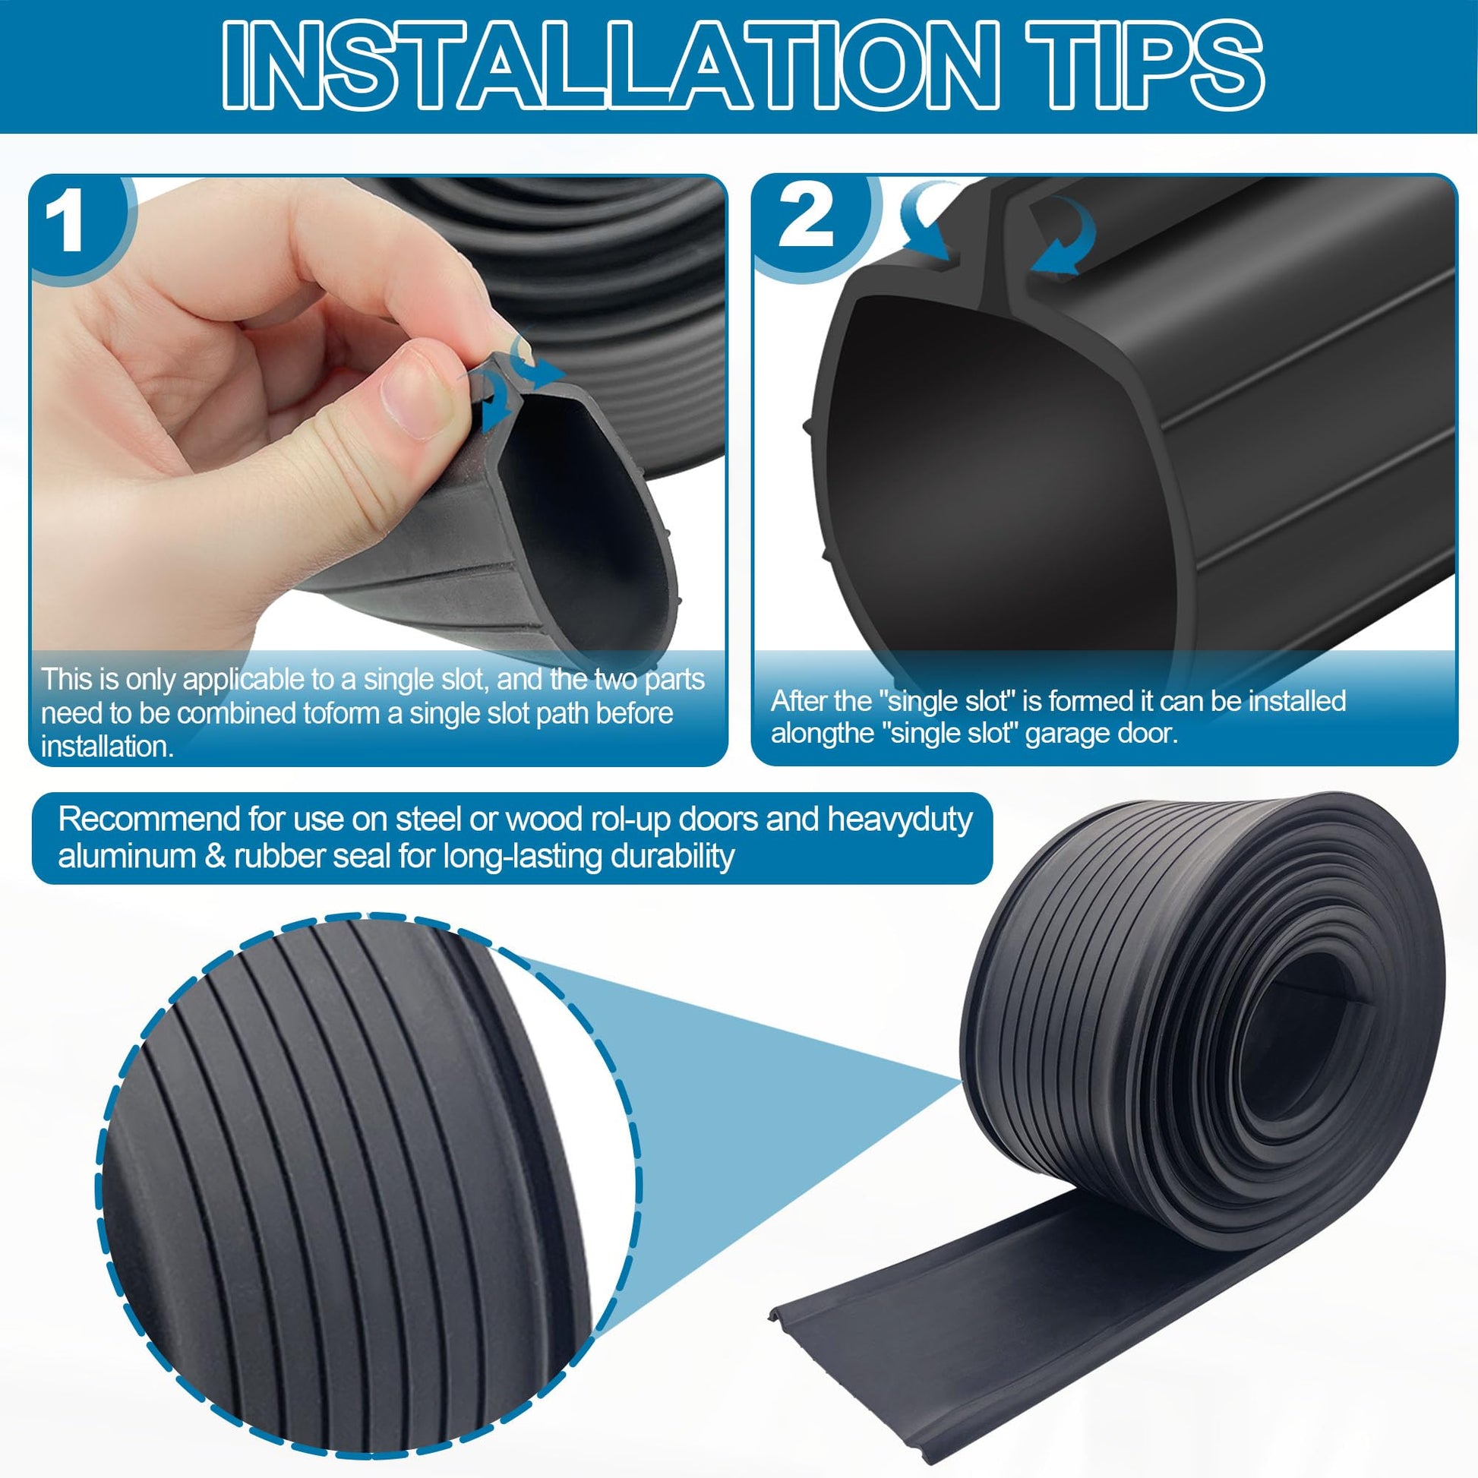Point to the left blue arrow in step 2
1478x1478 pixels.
point(926,229)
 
